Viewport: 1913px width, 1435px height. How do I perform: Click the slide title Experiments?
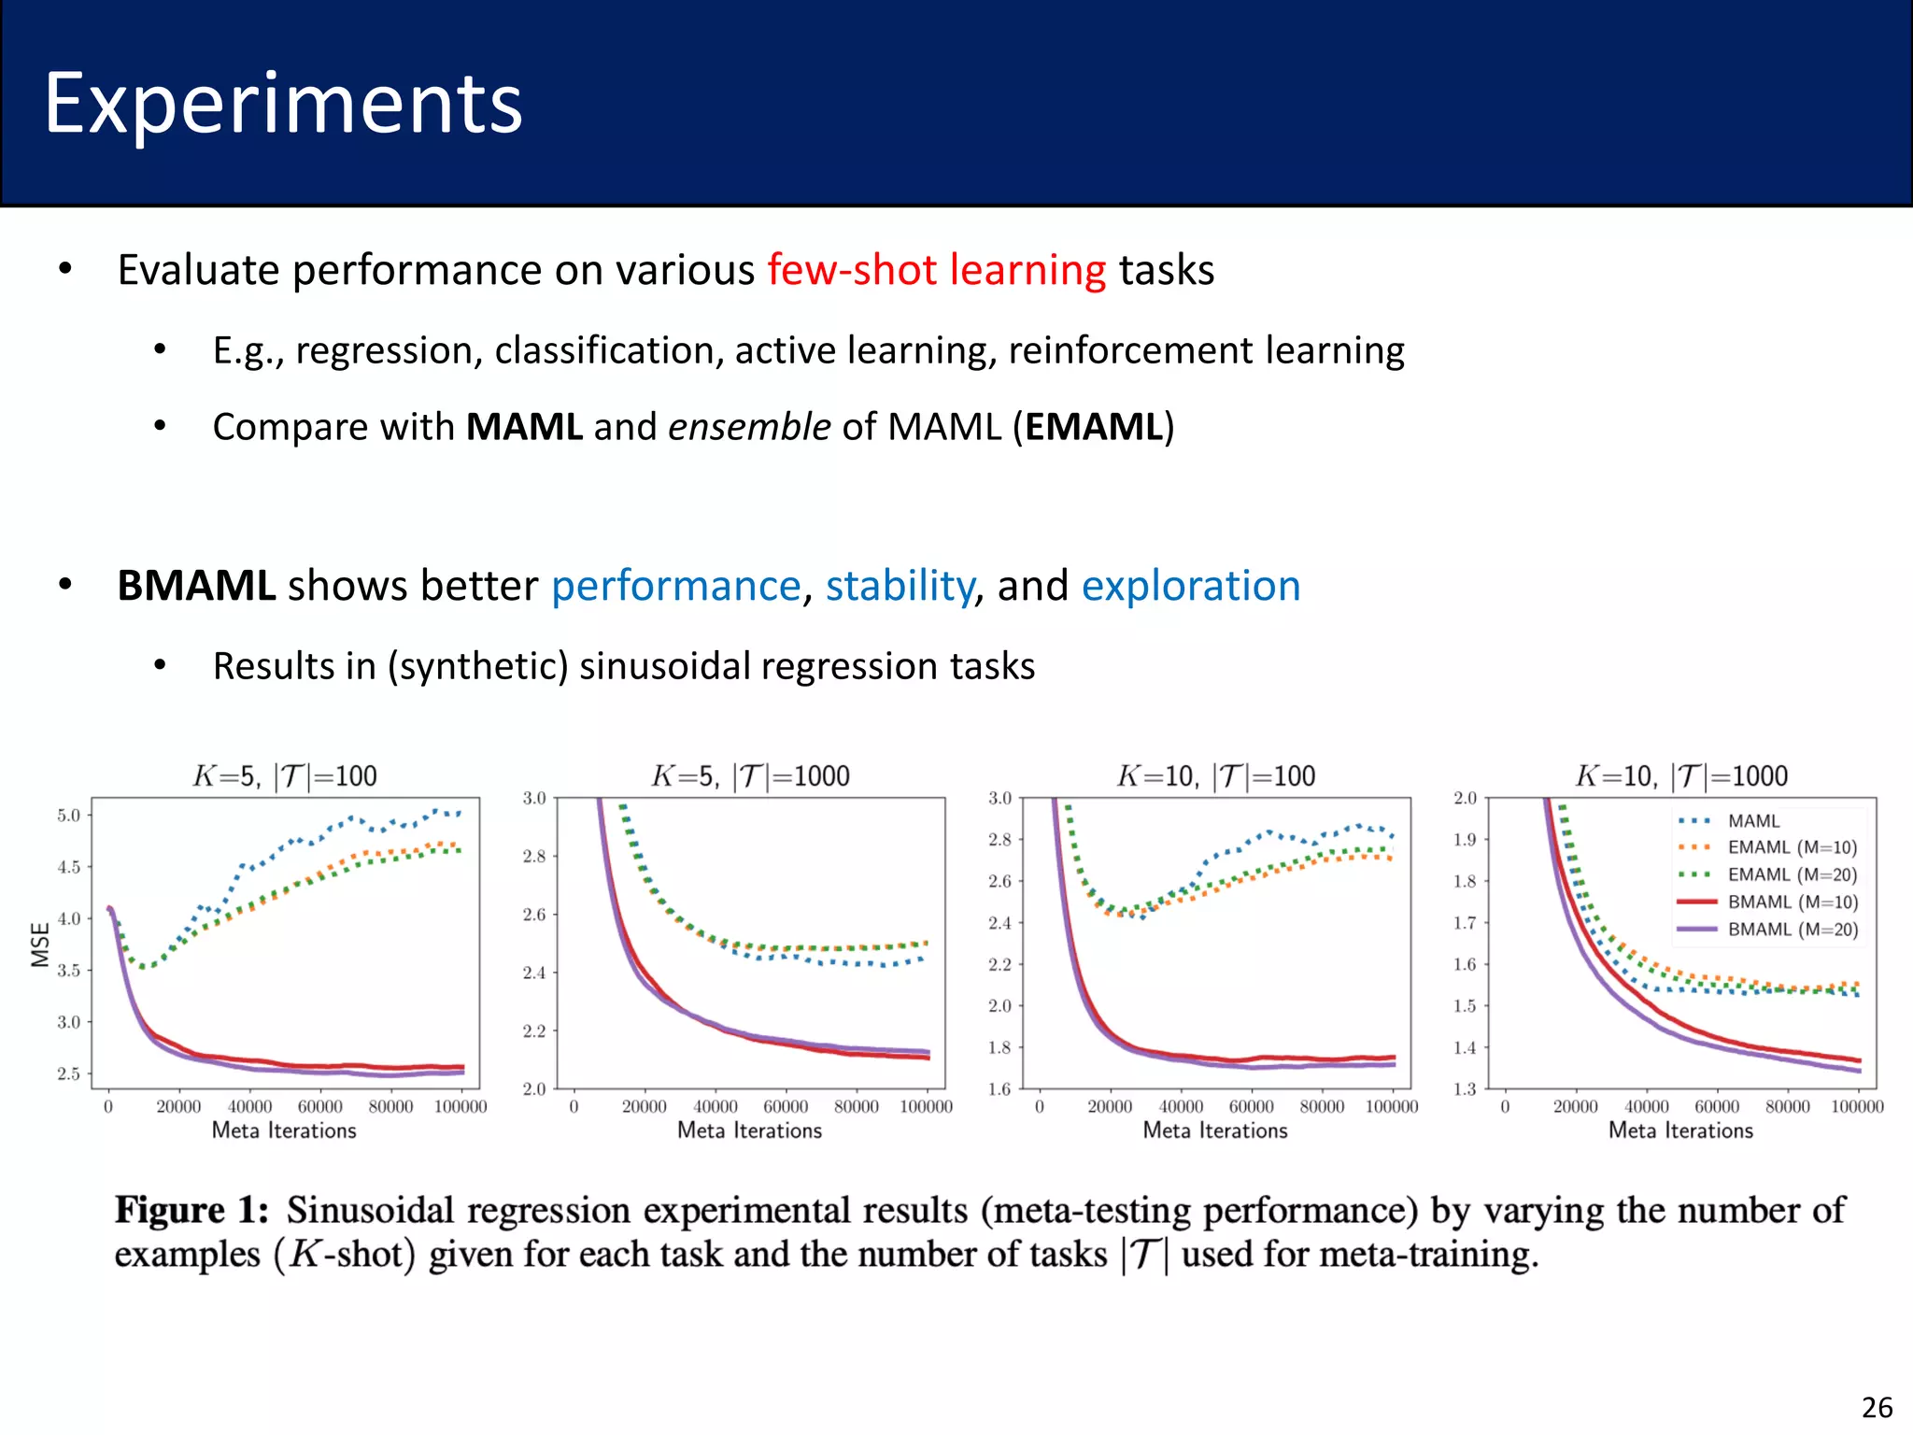pyautogui.click(x=283, y=105)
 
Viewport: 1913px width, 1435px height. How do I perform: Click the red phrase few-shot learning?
pyautogui.click(x=936, y=270)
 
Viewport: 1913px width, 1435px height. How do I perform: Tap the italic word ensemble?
pyautogui.click(x=749, y=427)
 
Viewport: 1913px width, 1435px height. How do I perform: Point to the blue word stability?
pyautogui.click(x=900, y=587)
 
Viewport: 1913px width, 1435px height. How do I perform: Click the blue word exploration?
pyautogui.click(x=1190, y=587)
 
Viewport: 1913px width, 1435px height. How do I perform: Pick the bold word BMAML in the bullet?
pyautogui.click(x=196, y=587)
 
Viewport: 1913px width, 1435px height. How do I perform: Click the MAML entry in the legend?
pyautogui.click(x=1753, y=821)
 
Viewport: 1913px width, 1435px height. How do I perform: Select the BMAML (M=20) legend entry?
pyautogui.click(x=1793, y=930)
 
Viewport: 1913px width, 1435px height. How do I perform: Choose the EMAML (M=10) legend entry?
pyautogui.click(x=1792, y=848)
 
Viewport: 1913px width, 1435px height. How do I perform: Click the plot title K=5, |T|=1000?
pyautogui.click(x=750, y=776)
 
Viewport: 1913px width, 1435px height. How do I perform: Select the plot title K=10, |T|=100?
pyautogui.click(x=1215, y=776)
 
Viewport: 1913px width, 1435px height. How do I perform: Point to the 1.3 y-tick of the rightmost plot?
pyautogui.click(x=1465, y=1089)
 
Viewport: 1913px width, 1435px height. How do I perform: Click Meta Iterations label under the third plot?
pyautogui.click(x=1214, y=1131)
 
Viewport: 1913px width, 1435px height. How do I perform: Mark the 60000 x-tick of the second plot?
pyautogui.click(x=786, y=1107)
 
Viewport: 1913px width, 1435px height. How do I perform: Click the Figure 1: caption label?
pyautogui.click(x=191, y=1211)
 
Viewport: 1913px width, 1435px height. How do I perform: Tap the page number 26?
pyautogui.click(x=1877, y=1408)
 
